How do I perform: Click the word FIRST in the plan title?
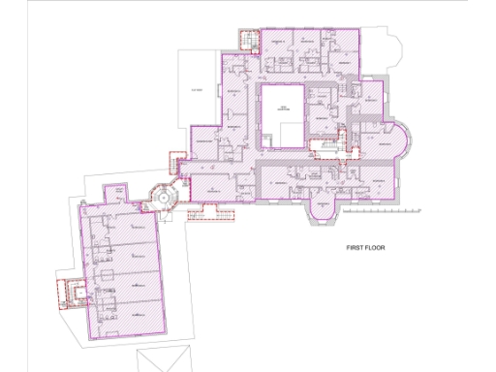(x=356, y=248)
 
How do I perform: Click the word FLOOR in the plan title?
(x=376, y=248)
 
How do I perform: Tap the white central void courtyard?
(x=283, y=114)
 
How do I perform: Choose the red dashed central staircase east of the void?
(x=325, y=145)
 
